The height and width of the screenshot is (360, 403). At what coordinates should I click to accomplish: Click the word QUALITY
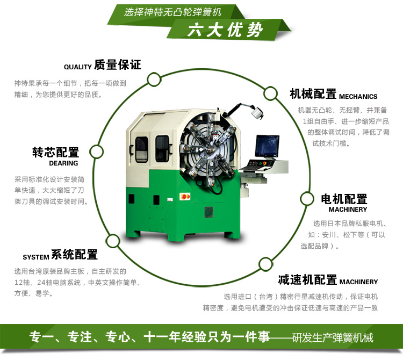[77, 67]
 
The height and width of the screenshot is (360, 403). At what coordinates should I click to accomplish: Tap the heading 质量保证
[118, 64]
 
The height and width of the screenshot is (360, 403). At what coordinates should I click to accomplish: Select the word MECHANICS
[358, 96]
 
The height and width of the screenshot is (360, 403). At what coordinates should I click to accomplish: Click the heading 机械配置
[313, 94]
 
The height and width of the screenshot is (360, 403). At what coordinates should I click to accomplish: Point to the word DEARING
[63, 163]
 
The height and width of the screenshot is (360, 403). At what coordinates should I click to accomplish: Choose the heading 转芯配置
[55, 152]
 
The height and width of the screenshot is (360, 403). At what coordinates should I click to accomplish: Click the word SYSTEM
[35, 257]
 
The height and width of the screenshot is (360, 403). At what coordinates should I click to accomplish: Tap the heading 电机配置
[344, 199]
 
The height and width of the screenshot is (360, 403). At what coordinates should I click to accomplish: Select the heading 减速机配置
[307, 279]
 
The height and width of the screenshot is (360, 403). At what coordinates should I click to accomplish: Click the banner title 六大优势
[225, 30]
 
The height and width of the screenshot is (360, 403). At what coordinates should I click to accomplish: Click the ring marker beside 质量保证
[154, 80]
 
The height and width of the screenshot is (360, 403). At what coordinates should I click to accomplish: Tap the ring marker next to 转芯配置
[96, 152]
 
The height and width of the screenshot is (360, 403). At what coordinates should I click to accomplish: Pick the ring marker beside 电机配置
[307, 199]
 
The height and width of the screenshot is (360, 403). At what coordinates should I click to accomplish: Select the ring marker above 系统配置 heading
[113, 241]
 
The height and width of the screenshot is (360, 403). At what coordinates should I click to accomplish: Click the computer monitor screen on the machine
[267, 146]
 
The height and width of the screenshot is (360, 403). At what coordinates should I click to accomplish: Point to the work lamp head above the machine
[257, 112]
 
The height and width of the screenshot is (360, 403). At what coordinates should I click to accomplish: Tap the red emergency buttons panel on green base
[185, 197]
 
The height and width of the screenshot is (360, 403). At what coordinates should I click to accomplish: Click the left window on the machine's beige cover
[142, 149]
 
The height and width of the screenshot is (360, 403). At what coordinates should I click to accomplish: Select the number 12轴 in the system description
[22, 283]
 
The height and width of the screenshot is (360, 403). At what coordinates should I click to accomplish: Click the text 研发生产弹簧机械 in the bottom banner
[333, 337]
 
